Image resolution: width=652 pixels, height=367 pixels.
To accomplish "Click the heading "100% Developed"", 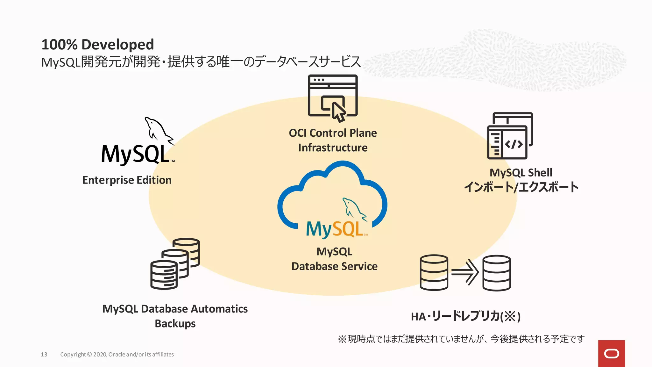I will (x=97, y=45).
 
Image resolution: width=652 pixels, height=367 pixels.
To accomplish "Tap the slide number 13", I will (x=44, y=354).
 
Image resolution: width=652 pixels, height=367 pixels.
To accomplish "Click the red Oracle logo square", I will (x=611, y=353).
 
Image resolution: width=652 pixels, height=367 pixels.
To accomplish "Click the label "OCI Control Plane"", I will (x=333, y=133).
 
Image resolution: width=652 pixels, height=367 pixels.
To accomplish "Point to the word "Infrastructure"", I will (x=333, y=148).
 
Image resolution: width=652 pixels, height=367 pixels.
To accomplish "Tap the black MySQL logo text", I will (x=135, y=155).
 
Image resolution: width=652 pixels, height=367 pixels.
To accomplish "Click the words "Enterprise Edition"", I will (x=127, y=180).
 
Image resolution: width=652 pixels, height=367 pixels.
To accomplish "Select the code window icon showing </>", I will (x=509, y=136).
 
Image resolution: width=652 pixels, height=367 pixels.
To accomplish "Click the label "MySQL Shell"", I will (x=521, y=173).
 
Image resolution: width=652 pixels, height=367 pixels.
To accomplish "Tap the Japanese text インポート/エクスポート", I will (x=521, y=187).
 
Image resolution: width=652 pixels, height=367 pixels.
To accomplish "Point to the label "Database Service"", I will (x=334, y=266).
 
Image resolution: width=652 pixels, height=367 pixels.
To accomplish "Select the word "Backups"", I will (x=175, y=324).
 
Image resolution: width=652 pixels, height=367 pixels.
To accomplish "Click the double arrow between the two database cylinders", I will (x=465, y=272).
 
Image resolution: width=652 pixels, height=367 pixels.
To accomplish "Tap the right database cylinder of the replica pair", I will (x=497, y=273).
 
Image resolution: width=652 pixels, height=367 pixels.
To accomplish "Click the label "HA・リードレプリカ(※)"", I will (x=465, y=316).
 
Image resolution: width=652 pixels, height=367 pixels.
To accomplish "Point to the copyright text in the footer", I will (x=117, y=354).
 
